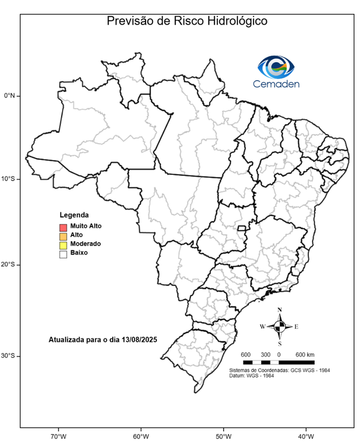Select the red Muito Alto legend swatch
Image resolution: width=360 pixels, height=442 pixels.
(63, 227)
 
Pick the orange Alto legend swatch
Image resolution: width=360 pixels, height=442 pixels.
(63, 235)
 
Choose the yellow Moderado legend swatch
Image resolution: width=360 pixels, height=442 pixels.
(63, 244)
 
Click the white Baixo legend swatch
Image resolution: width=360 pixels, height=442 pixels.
(63, 253)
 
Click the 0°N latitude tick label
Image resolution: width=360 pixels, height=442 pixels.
(9, 96)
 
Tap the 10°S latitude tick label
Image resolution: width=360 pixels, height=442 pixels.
(9, 179)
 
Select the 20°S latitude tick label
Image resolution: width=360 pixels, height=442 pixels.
(9, 265)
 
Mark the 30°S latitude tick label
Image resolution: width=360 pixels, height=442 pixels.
(9, 356)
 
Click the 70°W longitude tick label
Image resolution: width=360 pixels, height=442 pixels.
(58, 435)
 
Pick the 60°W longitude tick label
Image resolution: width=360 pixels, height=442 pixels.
(140, 435)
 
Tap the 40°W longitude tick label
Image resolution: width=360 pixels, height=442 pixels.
(305, 435)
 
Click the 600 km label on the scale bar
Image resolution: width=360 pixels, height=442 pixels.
(305, 354)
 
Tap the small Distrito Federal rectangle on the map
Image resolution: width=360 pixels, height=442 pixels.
(242, 228)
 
